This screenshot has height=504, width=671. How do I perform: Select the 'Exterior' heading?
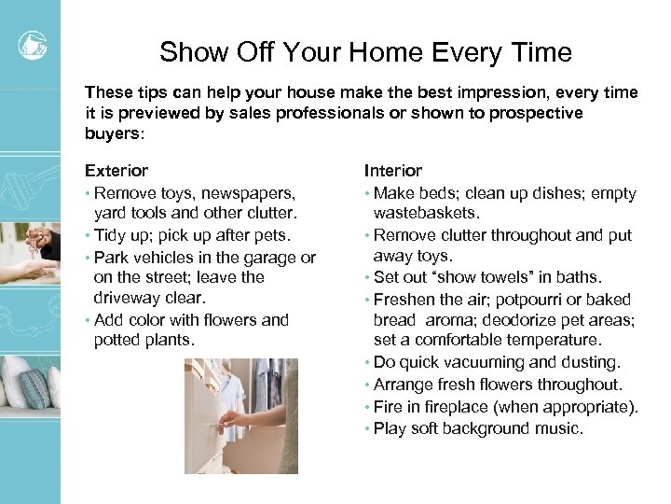point(116,171)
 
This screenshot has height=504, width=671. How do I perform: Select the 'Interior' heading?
point(392,171)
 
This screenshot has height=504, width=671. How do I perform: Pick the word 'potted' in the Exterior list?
point(116,340)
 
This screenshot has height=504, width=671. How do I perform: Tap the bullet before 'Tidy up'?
point(88,235)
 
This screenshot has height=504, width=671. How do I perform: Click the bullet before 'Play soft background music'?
point(367,429)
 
